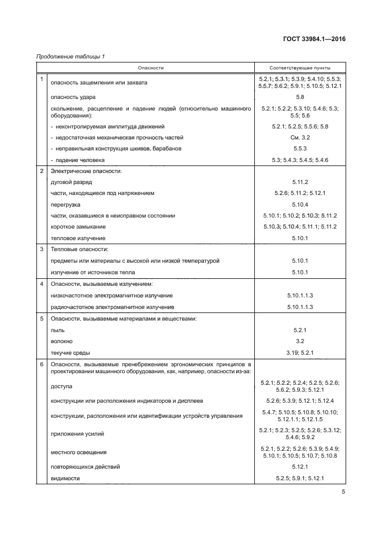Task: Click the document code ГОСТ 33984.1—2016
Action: (x=314, y=40)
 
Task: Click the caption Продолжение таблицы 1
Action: (x=70, y=56)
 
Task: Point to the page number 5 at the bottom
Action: (x=343, y=492)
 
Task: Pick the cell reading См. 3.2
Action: (x=300, y=138)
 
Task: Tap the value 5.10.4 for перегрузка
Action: (x=300, y=204)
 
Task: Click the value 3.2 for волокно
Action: (x=300, y=341)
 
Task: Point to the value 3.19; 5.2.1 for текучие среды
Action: (x=300, y=352)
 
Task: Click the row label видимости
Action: (x=65, y=478)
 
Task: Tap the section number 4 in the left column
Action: (x=42, y=284)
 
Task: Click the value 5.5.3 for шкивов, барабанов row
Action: (x=300, y=149)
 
